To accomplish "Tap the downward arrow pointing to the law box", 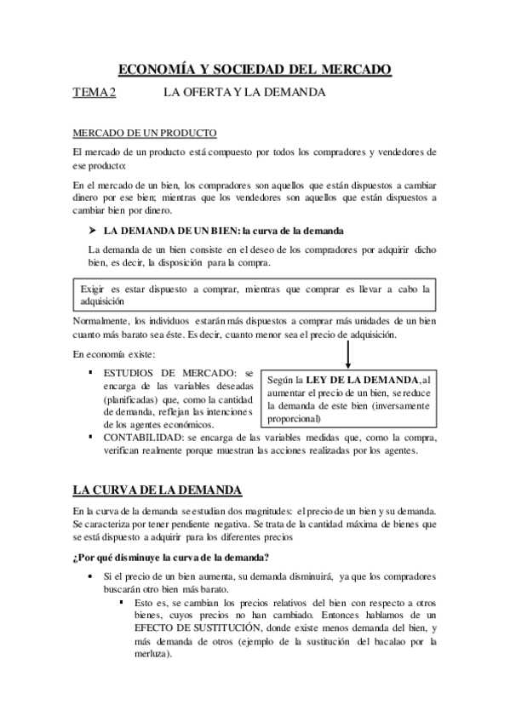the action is pyautogui.click(x=349, y=350).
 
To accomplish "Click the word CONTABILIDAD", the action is pyautogui.click(x=146, y=438).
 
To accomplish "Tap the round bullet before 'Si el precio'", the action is pyautogui.click(x=92, y=576).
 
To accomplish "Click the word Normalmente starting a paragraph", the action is pyautogui.click(x=100, y=320).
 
